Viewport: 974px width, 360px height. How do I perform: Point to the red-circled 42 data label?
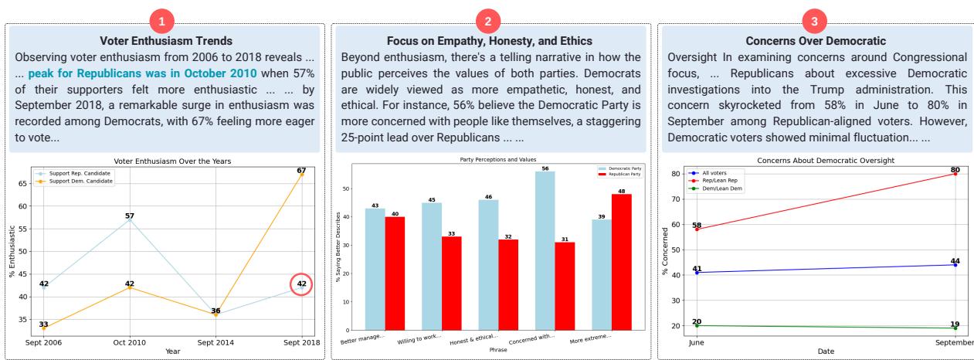coord(302,284)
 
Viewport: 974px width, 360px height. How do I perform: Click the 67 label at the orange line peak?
coord(301,170)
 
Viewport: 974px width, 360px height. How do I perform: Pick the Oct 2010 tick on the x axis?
coord(131,342)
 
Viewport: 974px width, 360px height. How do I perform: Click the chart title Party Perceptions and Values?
coord(491,160)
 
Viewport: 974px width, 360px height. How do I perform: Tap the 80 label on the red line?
coord(955,169)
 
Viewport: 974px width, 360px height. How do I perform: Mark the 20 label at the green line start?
coord(696,321)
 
